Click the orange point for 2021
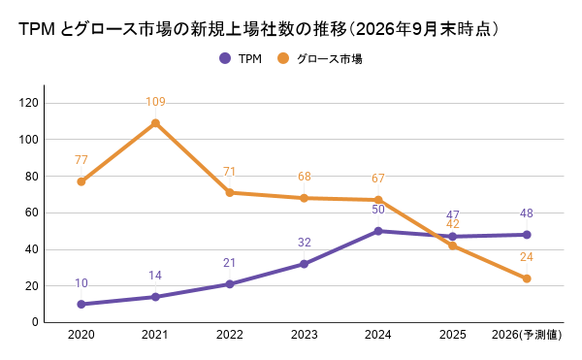[x=155, y=123]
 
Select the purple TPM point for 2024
[x=378, y=231]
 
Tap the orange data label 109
[x=155, y=102]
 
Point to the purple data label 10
[x=81, y=283]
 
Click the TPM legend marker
[x=225, y=58]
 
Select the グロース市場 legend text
[x=330, y=58]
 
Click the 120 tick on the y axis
[x=29, y=103]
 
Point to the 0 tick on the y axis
[x=35, y=322]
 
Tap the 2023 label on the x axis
[x=304, y=335]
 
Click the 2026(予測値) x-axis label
[x=527, y=335]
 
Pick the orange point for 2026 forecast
[x=527, y=278]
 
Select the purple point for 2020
[x=81, y=305]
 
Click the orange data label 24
[x=527, y=257]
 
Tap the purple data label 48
[x=527, y=213]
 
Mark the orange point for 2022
[x=230, y=193]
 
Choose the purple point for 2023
[x=304, y=264]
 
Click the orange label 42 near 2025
[x=452, y=224]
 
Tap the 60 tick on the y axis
[x=32, y=213]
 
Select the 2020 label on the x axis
[x=81, y=335]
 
